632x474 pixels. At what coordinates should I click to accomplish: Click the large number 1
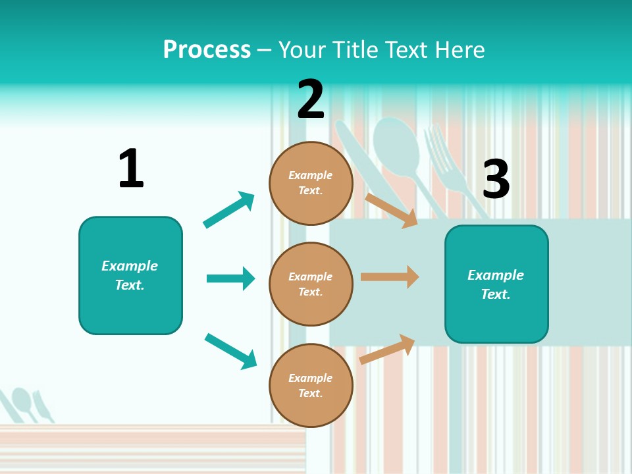coord(131,169)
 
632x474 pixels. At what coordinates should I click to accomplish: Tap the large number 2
coord(311,99)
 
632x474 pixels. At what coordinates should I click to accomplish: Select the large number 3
coord(496,179)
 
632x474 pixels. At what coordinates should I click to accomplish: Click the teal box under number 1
coord(130,275)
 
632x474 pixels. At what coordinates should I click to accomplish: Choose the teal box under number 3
coord(496,284)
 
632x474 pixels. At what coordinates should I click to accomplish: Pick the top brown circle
coord(311,183)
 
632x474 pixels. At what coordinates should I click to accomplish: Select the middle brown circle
coord(311,284)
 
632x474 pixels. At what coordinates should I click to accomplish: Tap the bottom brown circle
coord(311,385)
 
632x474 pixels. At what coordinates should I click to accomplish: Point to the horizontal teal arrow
coord(230,278)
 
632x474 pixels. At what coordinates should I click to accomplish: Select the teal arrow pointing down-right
coord(230,351)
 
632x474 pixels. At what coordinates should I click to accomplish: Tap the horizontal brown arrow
coord(390,277)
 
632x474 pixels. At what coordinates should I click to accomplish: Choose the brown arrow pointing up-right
coord(388,349)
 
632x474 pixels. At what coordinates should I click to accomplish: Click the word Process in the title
coord(207,49)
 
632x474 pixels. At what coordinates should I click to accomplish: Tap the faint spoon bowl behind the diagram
coord(396,142)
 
